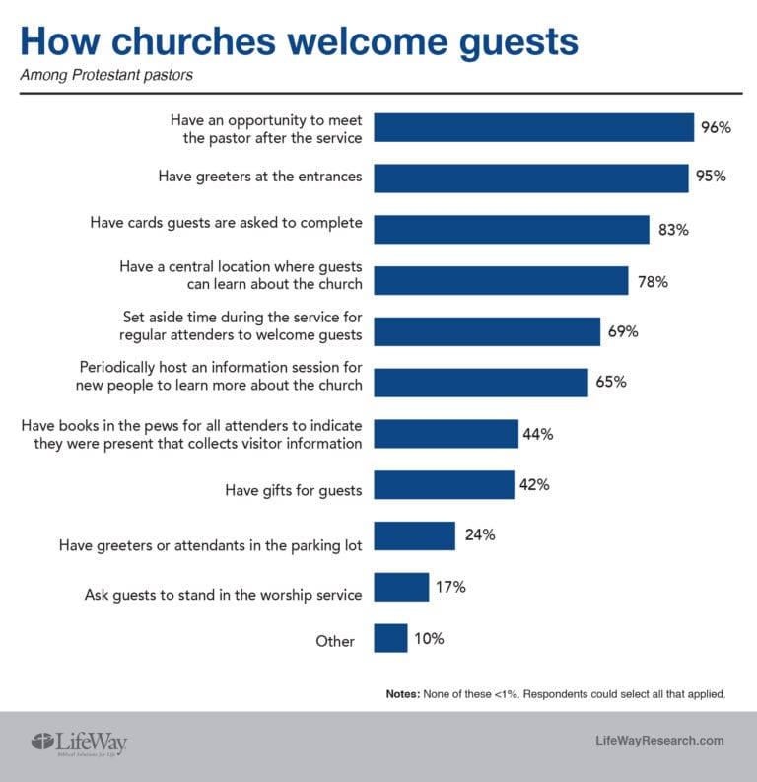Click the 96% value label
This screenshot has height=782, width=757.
tap(717, 127)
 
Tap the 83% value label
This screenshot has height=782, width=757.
tap(673, 230)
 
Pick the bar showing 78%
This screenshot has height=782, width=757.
tap(502, 281)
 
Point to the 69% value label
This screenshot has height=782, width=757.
tap(623, 331)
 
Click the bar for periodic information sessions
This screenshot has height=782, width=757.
tap(481, 383)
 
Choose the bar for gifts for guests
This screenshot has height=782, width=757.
tap(445, 485)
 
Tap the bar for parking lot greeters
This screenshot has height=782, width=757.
tap(415, 536)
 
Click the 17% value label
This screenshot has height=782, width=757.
tap(449, 587)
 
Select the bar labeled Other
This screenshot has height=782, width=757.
tap(391, 638)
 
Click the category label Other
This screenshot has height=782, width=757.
tap(335, 641)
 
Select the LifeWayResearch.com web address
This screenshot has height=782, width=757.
tap(660, 741)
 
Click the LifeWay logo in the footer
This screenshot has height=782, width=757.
tap(81, 742)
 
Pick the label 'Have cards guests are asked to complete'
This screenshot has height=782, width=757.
tap(226, 223)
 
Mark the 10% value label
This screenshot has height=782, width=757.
tap(429, 638)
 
